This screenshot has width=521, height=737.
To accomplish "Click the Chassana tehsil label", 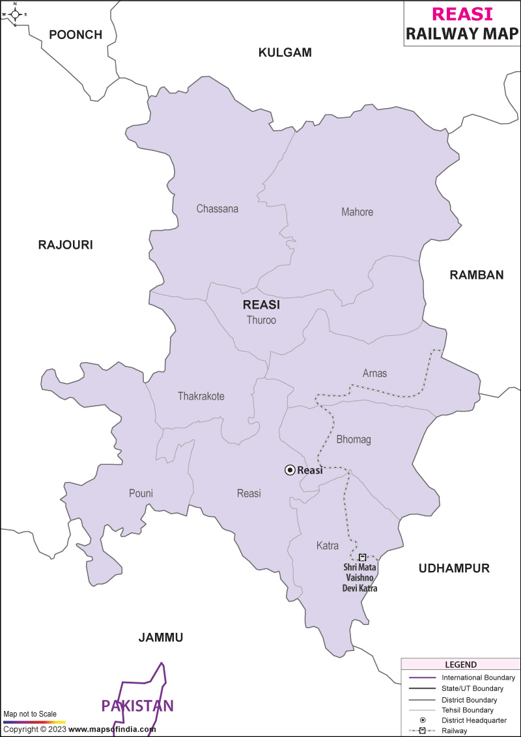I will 218,209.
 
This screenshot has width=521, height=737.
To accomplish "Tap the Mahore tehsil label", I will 357,212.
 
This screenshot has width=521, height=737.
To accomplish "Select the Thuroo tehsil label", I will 261,320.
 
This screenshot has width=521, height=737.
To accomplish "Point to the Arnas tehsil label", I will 374,373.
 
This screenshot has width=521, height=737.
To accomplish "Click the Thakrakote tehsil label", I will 201,396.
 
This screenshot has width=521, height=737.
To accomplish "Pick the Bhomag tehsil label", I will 354,439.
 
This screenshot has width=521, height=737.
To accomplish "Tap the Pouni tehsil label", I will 141,494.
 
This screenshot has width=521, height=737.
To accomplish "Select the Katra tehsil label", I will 328,545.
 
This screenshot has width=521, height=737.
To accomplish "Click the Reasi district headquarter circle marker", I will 290,470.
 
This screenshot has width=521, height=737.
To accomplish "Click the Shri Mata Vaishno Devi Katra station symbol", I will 363,557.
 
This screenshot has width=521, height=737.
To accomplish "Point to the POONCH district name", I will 76,35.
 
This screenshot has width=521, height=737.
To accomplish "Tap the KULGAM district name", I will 285,53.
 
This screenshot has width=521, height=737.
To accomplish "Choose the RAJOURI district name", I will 65,245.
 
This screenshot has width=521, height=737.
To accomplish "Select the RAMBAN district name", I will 477,275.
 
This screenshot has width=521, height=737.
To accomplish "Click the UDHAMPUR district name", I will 454,568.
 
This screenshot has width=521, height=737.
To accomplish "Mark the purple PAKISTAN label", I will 137,706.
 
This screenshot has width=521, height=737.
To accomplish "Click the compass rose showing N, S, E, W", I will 15,14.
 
